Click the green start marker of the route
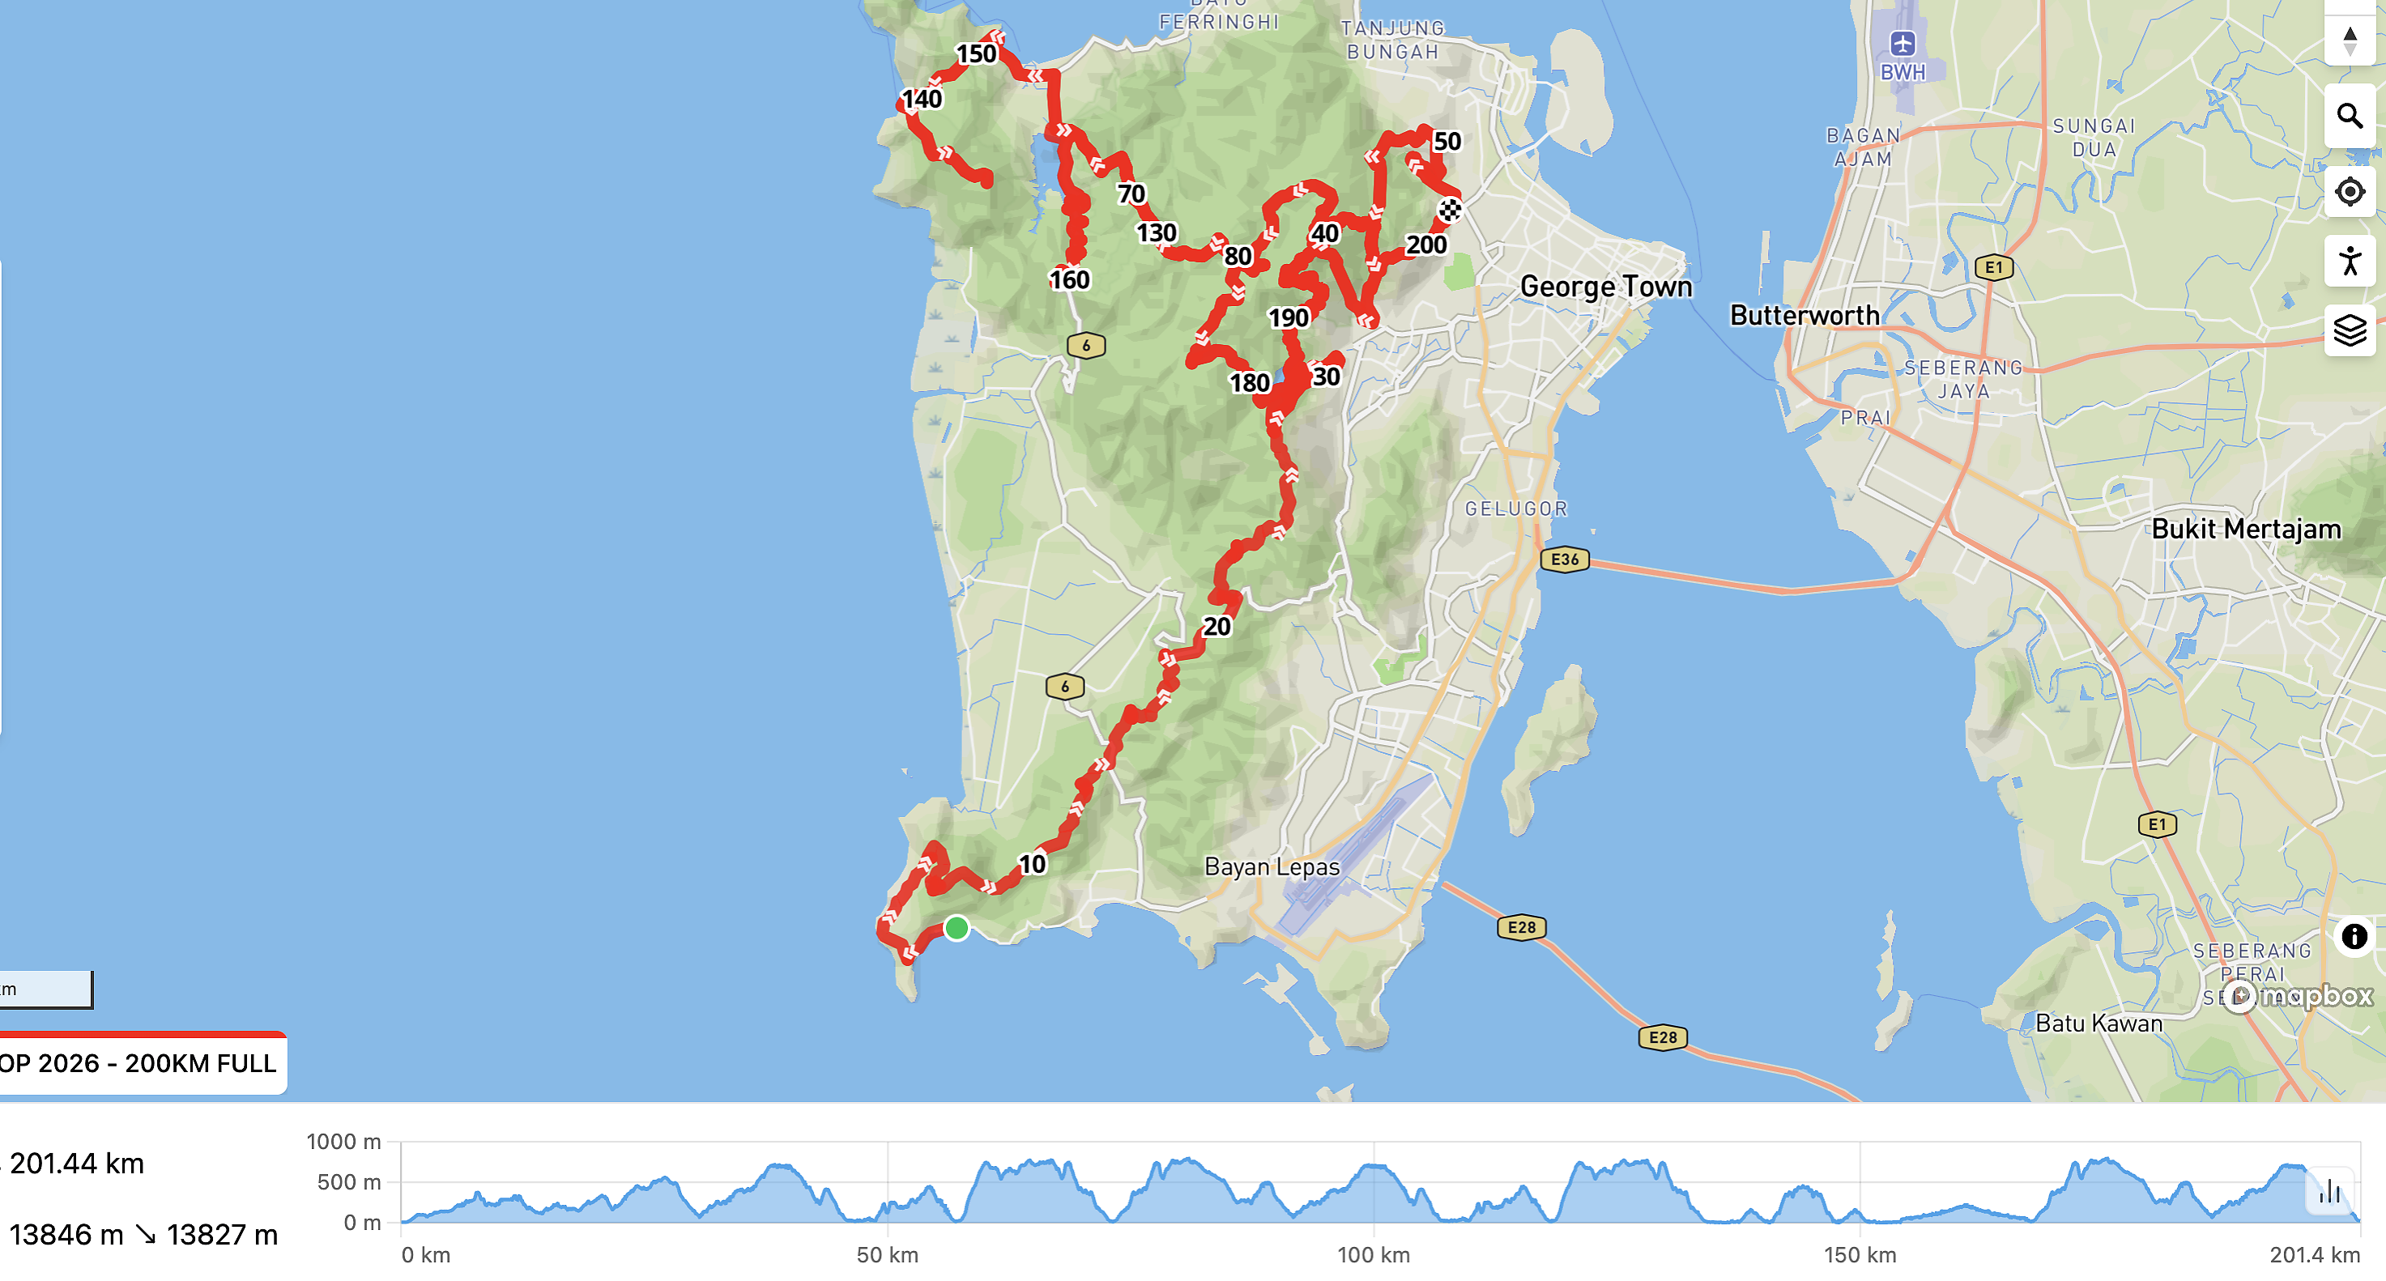(956, 927)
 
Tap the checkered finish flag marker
(1450, 211)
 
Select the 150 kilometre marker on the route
(976, 53)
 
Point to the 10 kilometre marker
(1032, 863)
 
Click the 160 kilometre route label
(1069, 279)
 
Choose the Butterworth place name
(1804, 315)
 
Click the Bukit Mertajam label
(2245, 529)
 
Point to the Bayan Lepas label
(1272, 867)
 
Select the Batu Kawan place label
(2098, 1024)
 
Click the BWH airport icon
(1902, 43)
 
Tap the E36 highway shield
(1565, 560)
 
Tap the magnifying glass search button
(2350, 116)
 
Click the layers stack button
(2350, 330)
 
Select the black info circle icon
(2354, 936)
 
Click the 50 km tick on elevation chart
(888, 1254)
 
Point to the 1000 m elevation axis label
(343, 1141)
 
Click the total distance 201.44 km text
(78, 1164)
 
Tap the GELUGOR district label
(1515, 509)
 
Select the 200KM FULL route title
(139, 1063)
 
